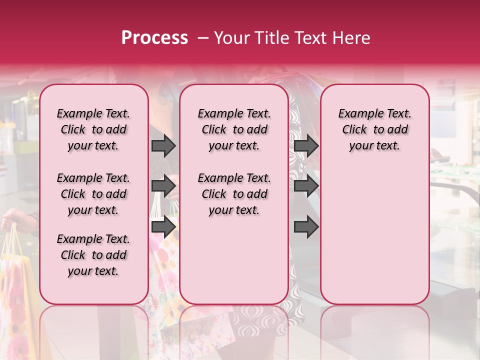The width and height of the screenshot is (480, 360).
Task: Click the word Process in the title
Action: [154, 38]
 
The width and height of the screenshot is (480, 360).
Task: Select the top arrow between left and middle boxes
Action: [163, 146]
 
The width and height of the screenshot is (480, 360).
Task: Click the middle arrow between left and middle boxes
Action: [163, 186]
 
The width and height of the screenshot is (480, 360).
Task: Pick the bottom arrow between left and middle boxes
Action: [163, 226]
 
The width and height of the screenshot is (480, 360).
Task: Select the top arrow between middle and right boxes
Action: [306, 146]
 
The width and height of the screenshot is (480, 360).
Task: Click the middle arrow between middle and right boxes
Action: [306, 186]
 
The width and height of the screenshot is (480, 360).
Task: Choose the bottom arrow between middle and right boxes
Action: [306, 226]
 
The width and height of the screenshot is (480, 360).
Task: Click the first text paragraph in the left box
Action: [93, 129]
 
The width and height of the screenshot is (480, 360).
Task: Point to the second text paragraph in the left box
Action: [93, 194]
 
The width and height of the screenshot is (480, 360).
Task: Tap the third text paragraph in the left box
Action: [93, 255]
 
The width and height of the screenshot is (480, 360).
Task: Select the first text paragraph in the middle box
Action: [234, 129]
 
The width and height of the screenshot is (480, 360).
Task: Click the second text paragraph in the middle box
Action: [234, 194]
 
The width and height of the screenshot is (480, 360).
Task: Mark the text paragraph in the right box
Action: [375, 129]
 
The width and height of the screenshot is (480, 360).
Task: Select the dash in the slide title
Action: [203, 38]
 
